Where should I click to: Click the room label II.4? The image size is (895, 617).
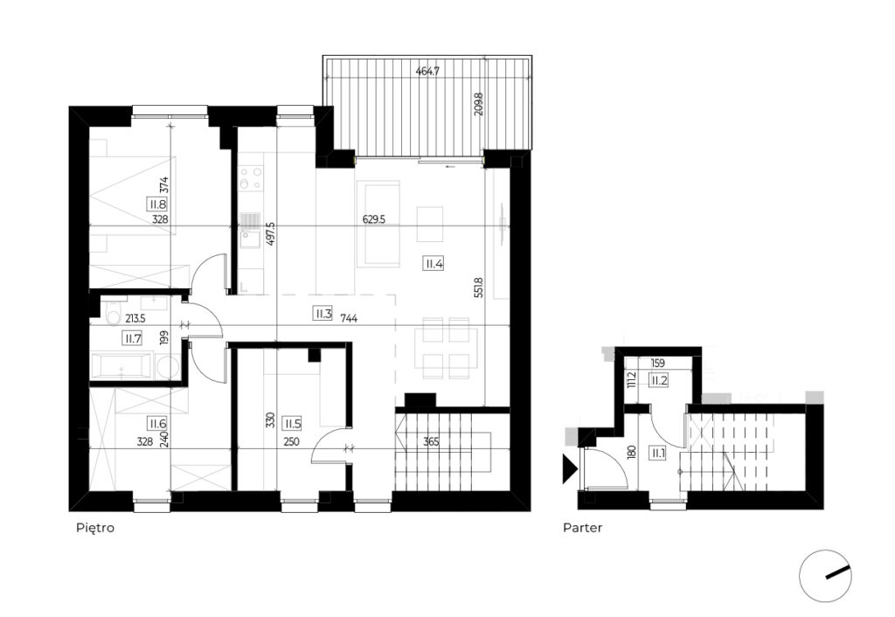tap(434, 264)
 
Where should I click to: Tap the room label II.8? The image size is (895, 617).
tap(157, 205)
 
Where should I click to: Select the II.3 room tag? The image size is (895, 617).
tap(323, 314)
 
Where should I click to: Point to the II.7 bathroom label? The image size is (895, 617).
tap(133, 339)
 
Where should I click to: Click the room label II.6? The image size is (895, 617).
tap(157, 424)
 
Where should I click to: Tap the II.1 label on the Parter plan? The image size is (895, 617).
tap(657, 454)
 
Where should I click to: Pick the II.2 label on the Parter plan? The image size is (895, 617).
tap(659, 379)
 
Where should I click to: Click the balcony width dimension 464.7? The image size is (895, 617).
tap(427, 72)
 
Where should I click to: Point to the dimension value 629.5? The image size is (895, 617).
tap(374, 219)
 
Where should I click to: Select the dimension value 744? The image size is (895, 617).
tap(349, 318)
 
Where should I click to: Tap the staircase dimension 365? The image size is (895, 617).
tap(432, 441)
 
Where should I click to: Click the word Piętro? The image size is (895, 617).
tap(95, 528)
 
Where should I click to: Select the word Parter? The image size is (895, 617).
tap(583, 528)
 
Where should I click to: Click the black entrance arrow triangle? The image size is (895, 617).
tap(570, 468)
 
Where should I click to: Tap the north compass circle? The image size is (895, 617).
tap(825, 576)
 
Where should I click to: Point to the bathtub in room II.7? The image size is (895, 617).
tap(122, 365)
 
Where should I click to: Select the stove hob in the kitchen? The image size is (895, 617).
tap(251, 177)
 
